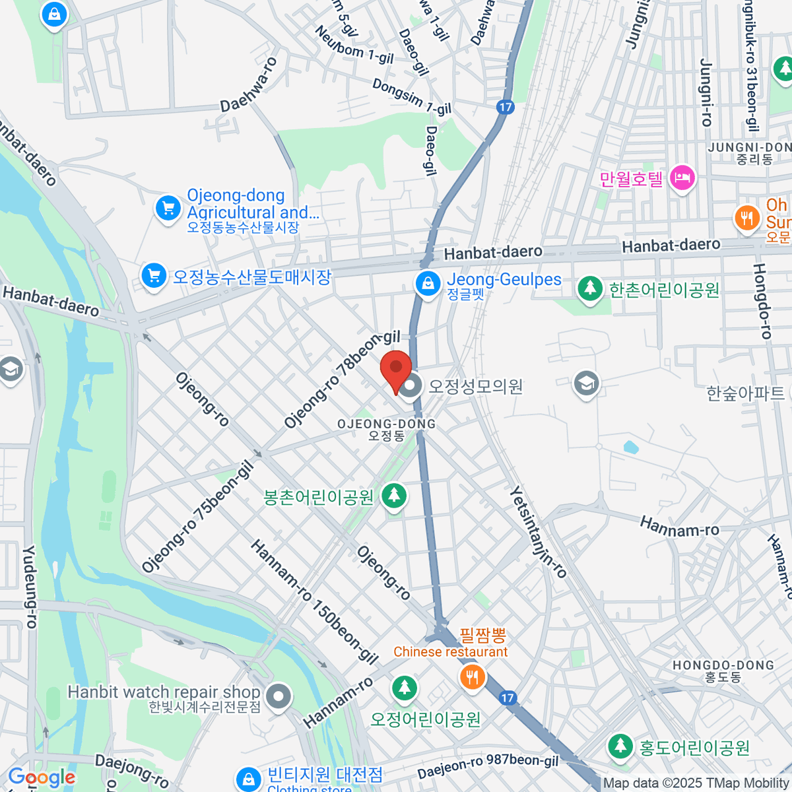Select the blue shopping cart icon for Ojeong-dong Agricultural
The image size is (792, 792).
click(168, 209)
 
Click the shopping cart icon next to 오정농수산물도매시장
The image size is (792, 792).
click(154, 276)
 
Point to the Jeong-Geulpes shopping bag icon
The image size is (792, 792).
click(428, 284)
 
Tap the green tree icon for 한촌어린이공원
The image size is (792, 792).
click(589, 289)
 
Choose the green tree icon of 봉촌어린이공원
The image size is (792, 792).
click(394, 496)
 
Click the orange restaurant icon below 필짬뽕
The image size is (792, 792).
click(472, 677)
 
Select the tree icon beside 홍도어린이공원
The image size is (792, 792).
click(620, 746)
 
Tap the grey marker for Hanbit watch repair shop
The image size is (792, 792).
click(279, 697)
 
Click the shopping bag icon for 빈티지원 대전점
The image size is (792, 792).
click(248, 779)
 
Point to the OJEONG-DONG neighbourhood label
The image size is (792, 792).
click(386, 424)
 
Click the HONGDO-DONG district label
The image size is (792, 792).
click(723, 665)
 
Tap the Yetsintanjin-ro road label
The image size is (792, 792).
click(539, 533)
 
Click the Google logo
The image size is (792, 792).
click(41, 777)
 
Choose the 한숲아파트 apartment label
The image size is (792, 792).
click(745, 394)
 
